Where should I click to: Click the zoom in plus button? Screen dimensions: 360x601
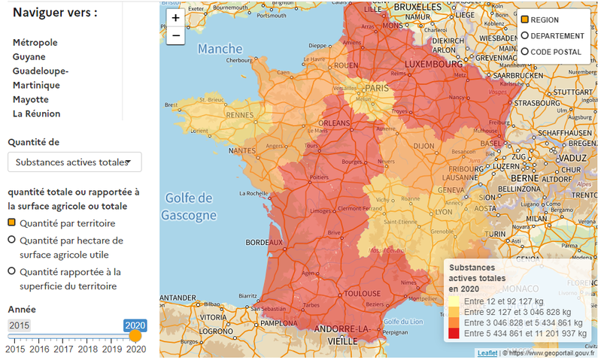click(x=175, y=18)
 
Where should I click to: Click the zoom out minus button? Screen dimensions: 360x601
click(x=175, y=35)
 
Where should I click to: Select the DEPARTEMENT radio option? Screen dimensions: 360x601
click(x=525, y=36)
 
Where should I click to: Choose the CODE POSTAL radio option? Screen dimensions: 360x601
click(x=525, y=52)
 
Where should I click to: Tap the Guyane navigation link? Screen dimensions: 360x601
click(x=29, y=56)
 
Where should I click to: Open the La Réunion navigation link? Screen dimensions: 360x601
click(x=36, y=113)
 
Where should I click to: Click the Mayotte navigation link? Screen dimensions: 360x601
click(x=30, y=99)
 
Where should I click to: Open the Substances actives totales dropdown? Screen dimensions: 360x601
click(x=74, y=162)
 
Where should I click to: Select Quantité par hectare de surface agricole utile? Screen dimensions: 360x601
click(x=12, y=240)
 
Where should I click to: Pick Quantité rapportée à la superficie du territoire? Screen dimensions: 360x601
click(x=12, y=271)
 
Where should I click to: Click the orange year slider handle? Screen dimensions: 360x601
click(x=135, y=336)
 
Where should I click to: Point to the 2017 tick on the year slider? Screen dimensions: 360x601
click(x=63, y=349)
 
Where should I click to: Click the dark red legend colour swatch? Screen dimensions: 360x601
click(x=454, y=333)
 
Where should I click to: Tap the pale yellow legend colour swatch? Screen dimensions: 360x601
click(x=454, y=301)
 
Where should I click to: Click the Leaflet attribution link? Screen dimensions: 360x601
click(x=487, y=352)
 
